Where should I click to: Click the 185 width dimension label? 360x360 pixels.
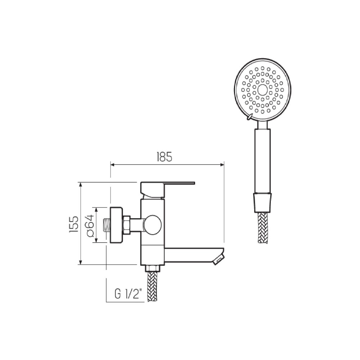click(x=165, y=157)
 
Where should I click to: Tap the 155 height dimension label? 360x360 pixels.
click(x=74, y=224)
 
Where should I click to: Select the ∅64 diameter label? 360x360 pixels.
click(x=90, y=225)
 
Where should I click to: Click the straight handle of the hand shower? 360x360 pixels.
click(x=263, y=161)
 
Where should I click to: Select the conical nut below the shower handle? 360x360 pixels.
click(x=263, y=202)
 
